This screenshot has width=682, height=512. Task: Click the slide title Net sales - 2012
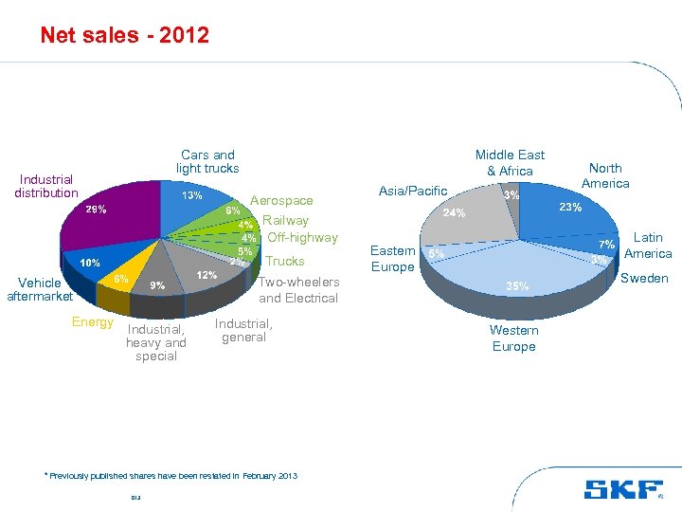coord(124,36)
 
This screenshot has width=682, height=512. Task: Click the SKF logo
coord(622,489)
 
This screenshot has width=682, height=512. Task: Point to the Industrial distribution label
coord(45,186)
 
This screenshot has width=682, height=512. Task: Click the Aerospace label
coord(280,200)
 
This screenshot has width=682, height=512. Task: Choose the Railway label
coord(285,220)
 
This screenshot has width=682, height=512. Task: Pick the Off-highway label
coord(302,237)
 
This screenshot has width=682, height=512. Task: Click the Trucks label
coord(285,261)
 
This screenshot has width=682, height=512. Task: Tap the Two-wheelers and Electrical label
coord(298,289)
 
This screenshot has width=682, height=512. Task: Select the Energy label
coord(92,322)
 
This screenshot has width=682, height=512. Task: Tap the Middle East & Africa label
coord(510,162)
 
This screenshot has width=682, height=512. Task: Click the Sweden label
coord(644,278)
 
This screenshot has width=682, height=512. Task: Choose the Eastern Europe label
coord(392,259)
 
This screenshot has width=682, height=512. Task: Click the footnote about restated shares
coord(170,475)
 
